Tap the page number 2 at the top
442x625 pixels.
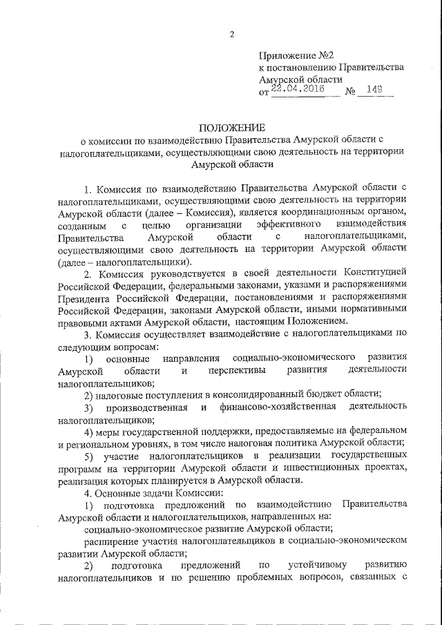(233, 34)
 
